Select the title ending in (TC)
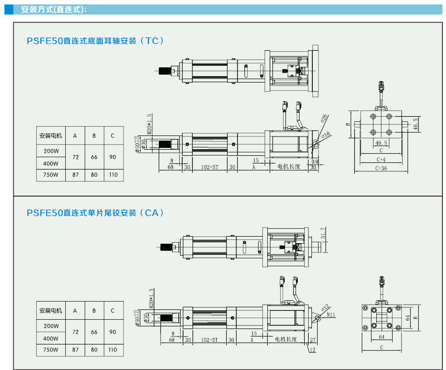95,41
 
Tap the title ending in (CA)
95,212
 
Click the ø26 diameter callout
324,118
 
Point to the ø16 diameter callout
326,135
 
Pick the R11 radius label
331,315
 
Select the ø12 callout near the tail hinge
326,307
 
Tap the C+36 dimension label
381,168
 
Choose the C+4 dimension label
381,159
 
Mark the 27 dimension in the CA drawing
313,340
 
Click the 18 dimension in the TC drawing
315,162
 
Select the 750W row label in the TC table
51,174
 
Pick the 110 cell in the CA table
113,350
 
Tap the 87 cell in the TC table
75,174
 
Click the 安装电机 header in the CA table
51,310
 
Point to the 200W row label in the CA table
51,326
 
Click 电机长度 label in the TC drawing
289,166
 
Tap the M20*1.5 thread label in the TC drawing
150,124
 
